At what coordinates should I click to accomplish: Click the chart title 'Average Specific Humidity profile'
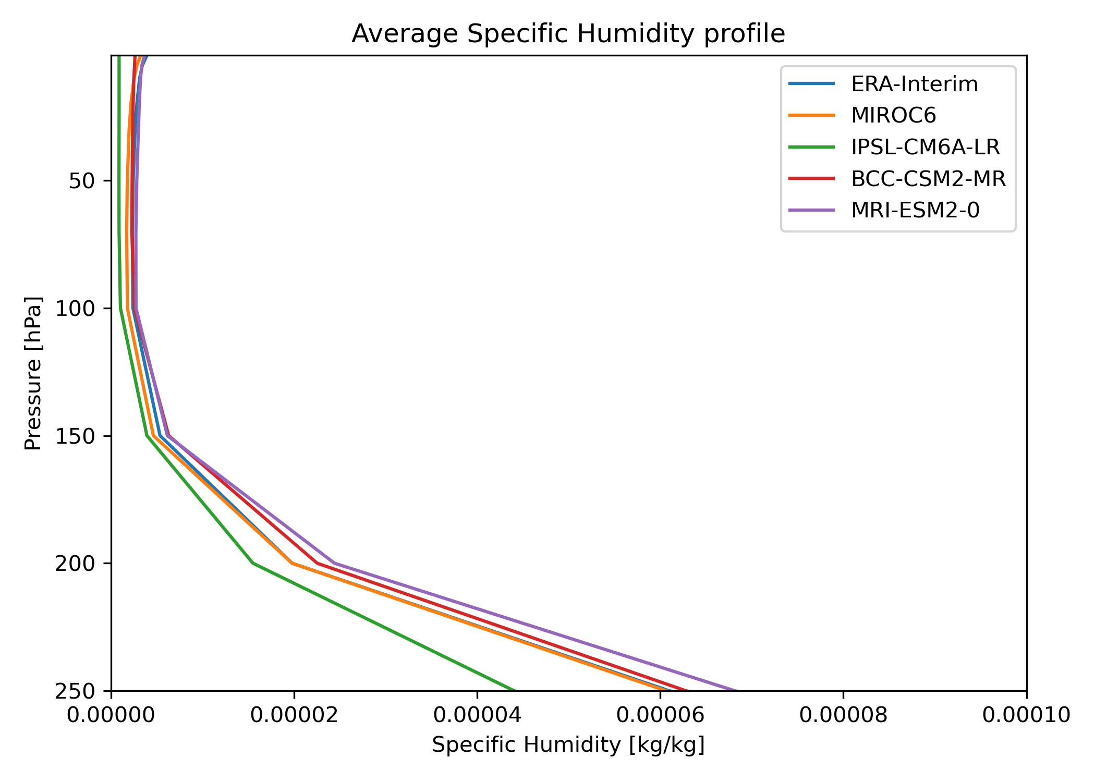pos(568,34)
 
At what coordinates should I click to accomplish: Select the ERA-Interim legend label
pos(915,84)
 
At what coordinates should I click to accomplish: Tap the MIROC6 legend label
pos(894,116)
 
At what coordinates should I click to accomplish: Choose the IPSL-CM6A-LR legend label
pos(926,148)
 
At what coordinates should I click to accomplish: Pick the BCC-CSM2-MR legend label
pos(928,179)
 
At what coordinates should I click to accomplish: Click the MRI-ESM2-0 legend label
pos(915,211)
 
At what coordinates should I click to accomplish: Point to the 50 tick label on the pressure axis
pos(82,181)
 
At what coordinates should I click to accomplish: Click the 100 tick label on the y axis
pos(76,309)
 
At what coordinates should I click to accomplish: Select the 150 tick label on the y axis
pos(76,436)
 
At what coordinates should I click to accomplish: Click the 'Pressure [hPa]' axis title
pos(33,373)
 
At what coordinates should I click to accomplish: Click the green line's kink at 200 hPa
pos(253,563)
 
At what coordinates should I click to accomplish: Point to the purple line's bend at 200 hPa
pos(334,563)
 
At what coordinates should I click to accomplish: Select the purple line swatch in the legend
pos(811,211)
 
